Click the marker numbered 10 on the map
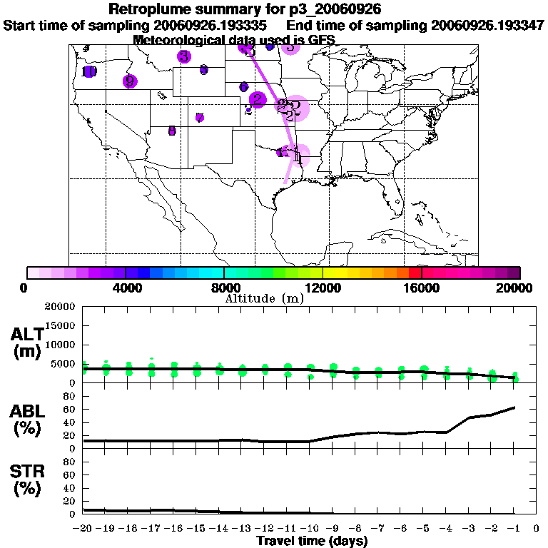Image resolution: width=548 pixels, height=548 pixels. pyautogui.click(x=89, y=71)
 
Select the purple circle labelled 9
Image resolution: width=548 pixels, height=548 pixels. pyautogui.click(x=129, y=81)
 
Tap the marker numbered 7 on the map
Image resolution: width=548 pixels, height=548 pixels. pyautogui.click(x=200, y=118)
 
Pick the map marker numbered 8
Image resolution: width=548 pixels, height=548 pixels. pyautogui.click(x=172, y=131)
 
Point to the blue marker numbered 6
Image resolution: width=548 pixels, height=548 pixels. pyautogui.click(x=244, y=86)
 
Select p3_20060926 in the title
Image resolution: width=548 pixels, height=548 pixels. pyautogui.click(x=335, y=10)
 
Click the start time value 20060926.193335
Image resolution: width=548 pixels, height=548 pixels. pyautogui.click(x=215, y=26)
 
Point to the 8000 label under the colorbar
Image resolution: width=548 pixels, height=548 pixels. pyautogui.click(x=224, y=288)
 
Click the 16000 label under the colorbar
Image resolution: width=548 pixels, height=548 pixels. pyautogui.click(x=422, y=288)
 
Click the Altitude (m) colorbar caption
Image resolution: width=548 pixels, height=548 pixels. pyautogui.click(x=264, y=298)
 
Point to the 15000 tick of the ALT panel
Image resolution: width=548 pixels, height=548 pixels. pyautogui.click(x=59, y=325)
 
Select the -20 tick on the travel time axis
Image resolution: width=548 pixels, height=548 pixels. pyautogui.click(x=83, y=528)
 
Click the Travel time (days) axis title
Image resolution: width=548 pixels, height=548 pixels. pyautogui.click(x=312, y=541)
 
